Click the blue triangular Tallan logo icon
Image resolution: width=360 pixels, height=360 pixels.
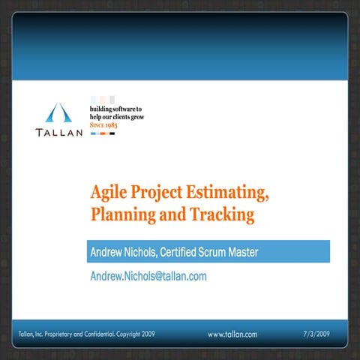pos(57,113)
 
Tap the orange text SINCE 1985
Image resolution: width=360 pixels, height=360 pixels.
pos(104,125)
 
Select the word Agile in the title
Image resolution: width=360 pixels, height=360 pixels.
pos(107,193)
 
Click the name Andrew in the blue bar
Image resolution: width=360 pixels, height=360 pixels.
pos(109,253)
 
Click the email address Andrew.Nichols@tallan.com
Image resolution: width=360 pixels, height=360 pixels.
pos(148,276)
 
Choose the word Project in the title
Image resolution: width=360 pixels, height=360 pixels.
pos(159,193)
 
